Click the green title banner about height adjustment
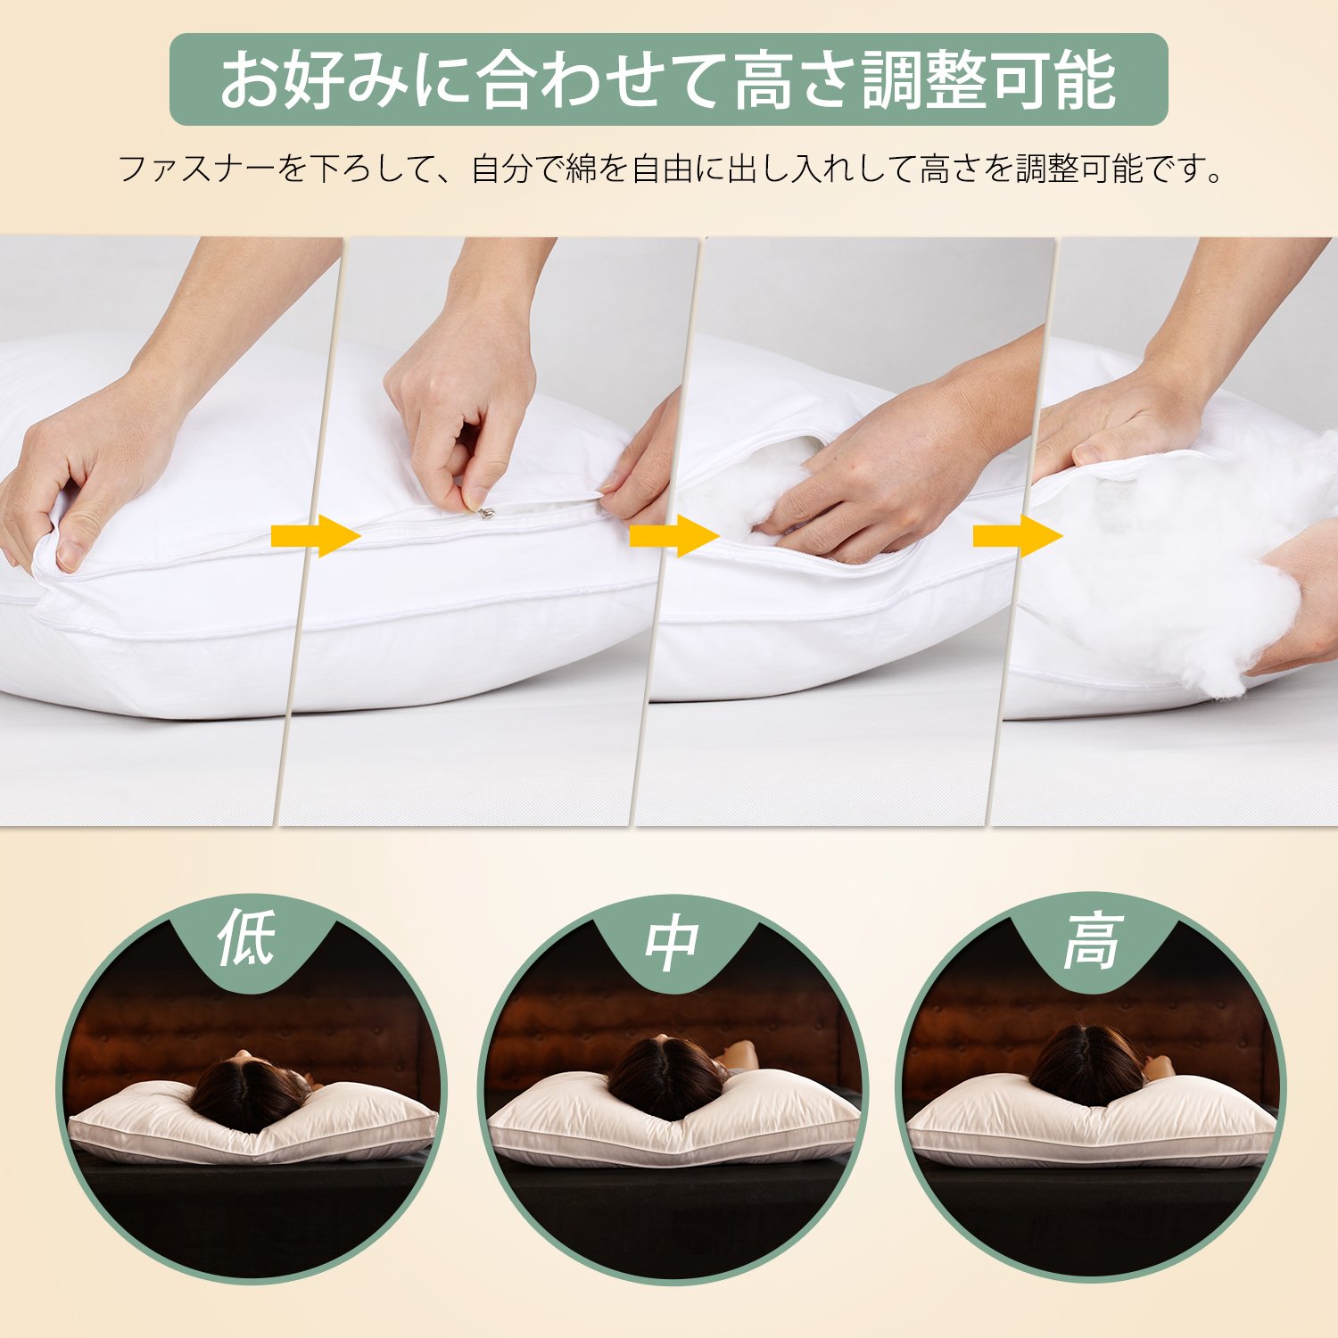pyautogui.click(x=668, y=79)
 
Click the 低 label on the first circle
pyautogui.click(x=247, y=937)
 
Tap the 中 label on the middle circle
pyautogui.click(x=672, y=943)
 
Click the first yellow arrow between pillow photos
pyautogui.click(x=316, y=535)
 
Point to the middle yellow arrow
pyautogui.click(x=674, y=535)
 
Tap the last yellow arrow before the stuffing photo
pyautogui.click(x=1018, y=535)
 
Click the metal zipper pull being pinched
pyautogui.click(x=485, y=512)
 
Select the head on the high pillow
pyautogui.click(x=1087, y=1065)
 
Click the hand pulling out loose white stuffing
pyautogui.click(x=1302, y=607)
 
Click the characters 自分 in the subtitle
pyautogui.click(x=501, y=169)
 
